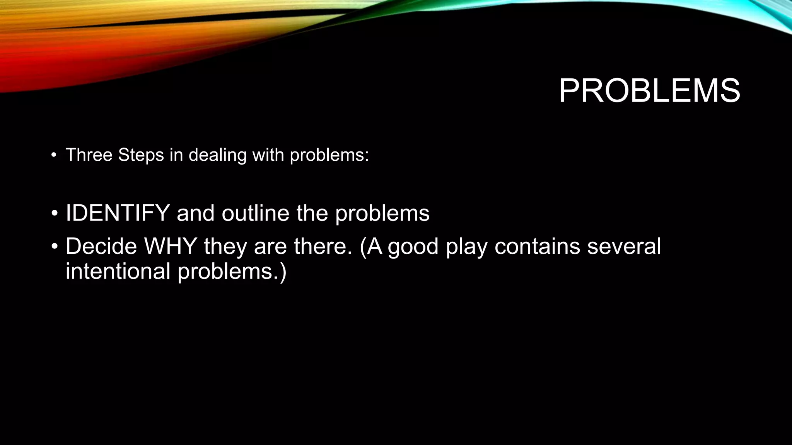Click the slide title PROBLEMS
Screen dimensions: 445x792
coord(649,91)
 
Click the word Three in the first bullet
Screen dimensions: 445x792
coord(89,155)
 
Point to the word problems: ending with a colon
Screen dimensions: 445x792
coord(329,155)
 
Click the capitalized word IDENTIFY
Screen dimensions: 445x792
coord(118,213)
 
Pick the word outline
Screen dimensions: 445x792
coord(255,213)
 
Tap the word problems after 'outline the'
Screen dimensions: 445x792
coord(382,214)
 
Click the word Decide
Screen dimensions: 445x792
coord(101,246)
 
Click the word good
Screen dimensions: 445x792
coord(413,247)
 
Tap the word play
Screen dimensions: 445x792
coord(466,247)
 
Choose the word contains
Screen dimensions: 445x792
coord(538,246)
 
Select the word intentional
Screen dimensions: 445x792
coord(118,271)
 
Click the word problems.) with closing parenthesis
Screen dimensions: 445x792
coord(232,272)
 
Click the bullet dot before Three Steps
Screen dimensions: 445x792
coord(54,156)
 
